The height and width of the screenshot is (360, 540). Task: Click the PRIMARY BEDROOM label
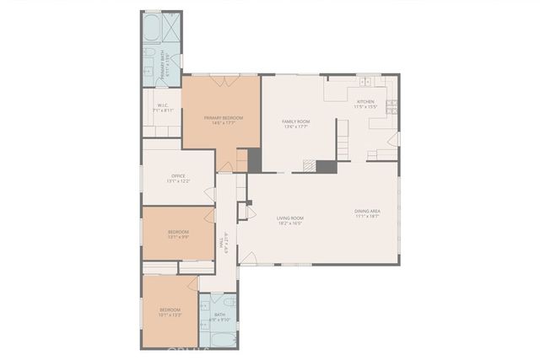coord(223,117)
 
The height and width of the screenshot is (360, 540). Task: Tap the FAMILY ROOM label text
coord(295,121)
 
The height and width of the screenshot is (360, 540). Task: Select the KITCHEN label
coord(365,103)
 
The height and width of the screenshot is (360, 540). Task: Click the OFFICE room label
coord(178,175)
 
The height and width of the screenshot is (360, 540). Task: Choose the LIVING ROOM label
coord(290,218)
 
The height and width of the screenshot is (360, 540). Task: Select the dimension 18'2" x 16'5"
coord(290,223)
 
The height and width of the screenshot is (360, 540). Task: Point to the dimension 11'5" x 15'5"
coord(365,108)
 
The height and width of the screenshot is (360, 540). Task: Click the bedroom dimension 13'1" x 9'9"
coord(178,237)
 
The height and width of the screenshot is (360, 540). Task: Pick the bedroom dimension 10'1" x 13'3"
coord(170,315)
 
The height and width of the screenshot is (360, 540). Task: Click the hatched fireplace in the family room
coord(312,166)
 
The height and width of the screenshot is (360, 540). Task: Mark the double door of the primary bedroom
coord(222,80)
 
